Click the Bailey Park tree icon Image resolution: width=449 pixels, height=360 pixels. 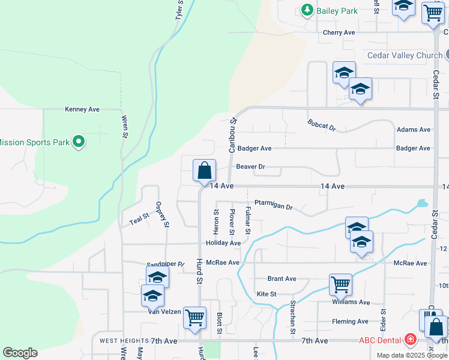(307, 10)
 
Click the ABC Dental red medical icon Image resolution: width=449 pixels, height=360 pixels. (410, 340)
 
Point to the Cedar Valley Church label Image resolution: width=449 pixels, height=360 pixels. (405, 56)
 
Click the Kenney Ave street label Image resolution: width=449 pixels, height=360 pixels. (82, 110)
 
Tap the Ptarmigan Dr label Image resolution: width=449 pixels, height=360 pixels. (273, 206)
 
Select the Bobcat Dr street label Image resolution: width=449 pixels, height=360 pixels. (322, 125)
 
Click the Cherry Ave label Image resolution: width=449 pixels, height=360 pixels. (339, 32)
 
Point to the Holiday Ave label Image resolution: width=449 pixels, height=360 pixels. (223, 244)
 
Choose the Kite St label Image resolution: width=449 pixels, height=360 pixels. (267, 294)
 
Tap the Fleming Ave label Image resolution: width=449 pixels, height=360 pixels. (351, 322)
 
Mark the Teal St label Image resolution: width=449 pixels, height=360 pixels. (139, 221)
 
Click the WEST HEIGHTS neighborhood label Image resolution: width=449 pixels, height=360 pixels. (115, 341)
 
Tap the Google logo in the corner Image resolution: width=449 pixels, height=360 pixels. (20, 353)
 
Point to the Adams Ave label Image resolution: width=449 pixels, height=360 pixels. (414, 130)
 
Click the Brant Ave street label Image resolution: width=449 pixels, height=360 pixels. (282, 279)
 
